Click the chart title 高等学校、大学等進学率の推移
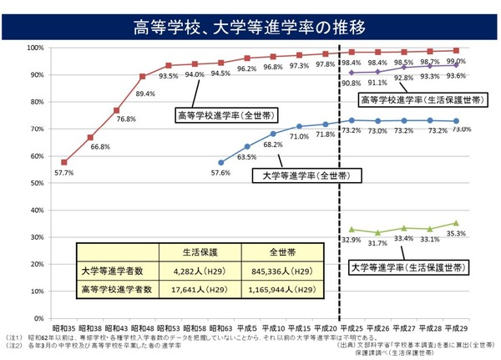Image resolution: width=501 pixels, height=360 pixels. click(x=250, y=27)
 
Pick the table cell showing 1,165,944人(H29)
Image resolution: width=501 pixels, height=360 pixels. click(x=281, y=290)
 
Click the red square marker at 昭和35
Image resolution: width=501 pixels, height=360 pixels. click(x=64, y=162)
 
